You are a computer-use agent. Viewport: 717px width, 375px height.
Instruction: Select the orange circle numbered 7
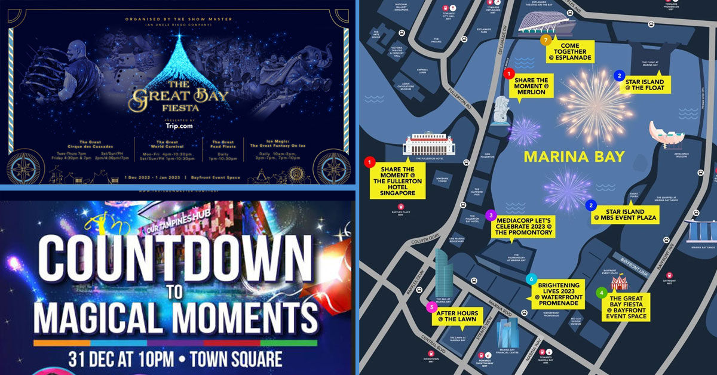[545, 40]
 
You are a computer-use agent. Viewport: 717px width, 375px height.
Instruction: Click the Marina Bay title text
[574, 157]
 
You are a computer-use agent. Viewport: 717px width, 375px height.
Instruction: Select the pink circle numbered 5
[431, 308]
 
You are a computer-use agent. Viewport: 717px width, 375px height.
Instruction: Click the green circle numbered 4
[602, 293]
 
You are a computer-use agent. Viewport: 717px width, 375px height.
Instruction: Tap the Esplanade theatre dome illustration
[547, 24]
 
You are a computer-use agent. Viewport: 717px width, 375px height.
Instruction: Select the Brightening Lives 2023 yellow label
[558, 294]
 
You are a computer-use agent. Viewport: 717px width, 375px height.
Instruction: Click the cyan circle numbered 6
[530, 279]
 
